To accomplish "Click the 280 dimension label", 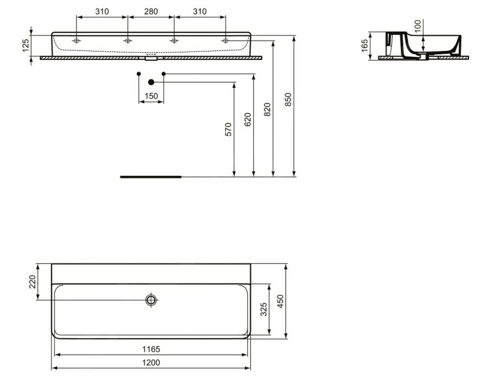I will (150, 11).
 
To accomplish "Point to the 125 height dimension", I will (25, 45).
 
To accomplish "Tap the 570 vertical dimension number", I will (228, 129).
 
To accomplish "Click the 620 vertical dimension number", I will (248, 119).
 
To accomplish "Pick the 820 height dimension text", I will (267, 109).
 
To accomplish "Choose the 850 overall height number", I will (288, 100).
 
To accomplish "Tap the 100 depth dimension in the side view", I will (417, 25).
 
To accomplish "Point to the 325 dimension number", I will (263, 309).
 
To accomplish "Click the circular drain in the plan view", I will (151, 300).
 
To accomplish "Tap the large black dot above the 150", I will (151, 82).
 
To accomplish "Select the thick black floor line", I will (150, 176).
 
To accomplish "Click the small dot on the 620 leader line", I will (163, 73).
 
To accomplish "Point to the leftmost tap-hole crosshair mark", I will (77, 41).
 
